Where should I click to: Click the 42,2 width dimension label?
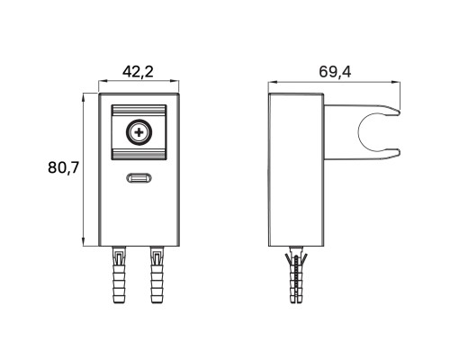(x=138, y=72)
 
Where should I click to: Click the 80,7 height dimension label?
(x=63, y=167)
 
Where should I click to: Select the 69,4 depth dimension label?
(x=335, y=72)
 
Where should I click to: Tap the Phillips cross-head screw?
(x=139, y=132)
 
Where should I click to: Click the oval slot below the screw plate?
(x=139, y=178)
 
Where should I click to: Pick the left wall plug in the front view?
(x=119, y=274)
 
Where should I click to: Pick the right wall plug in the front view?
(x=157, y=274)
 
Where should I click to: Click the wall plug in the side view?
(x=296, y=274)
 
